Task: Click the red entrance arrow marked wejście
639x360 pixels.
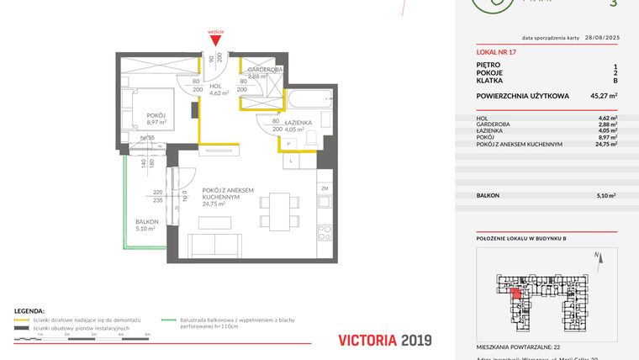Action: pos(216,39)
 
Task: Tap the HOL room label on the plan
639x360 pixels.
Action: pos(215,86)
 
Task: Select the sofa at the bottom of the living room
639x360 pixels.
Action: pos(216,245)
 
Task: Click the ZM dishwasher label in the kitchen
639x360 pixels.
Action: pos(324,189)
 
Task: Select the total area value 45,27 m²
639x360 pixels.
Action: pos(603,96)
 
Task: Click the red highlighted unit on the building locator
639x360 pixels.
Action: pos(516,291)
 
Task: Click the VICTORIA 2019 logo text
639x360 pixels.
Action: pos(384,340)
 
